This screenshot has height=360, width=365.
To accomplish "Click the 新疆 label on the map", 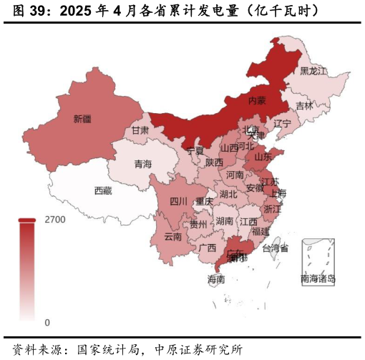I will [82, 119].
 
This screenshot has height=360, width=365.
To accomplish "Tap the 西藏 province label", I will [103, 191].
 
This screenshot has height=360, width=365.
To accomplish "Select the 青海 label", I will [143, 165].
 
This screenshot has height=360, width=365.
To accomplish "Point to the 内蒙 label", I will [257, 101].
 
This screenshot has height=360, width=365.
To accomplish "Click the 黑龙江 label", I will [313, 72].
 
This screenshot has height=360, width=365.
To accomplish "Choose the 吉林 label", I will [304, 106].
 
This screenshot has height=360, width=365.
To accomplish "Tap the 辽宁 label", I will [283, 124].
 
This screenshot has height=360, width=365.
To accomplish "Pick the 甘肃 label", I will [140, 131].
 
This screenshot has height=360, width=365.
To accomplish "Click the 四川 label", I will [179, 202].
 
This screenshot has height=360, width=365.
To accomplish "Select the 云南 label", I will [173, 236].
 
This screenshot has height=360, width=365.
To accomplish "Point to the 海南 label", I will [216, 279].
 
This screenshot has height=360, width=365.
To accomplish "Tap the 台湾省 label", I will [276, 248].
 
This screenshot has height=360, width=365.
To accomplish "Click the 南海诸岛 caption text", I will [318, 279].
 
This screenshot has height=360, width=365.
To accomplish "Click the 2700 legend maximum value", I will [55, 220].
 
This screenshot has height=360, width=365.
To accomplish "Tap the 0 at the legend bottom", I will [47, 323].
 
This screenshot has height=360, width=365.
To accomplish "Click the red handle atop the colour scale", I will [27, 220].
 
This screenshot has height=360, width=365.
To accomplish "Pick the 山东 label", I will [263, 156].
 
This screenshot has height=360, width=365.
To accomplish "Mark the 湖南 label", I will [225, 221].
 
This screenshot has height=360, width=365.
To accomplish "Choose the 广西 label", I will [208, 248].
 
